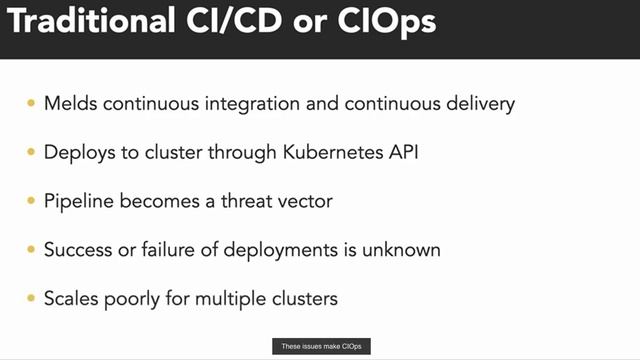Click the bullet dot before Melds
30,104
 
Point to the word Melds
69,104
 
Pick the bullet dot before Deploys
30,152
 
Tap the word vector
305,201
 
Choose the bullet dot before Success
30,250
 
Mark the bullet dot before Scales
30,298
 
